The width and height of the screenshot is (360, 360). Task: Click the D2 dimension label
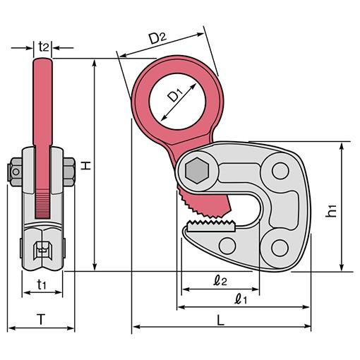[158, 37]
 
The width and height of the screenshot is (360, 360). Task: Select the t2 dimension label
[44, 47]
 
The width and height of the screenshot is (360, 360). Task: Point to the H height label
[86, 165]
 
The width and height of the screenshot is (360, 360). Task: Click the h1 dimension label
[331, 210]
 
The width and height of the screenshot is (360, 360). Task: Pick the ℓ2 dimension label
[220, 280]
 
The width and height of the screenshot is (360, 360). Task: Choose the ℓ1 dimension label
[241, 299]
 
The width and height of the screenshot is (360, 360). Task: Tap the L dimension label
[220, 320]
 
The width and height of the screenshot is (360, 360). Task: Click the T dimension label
[41, 319]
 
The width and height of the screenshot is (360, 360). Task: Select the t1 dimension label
[42, 284]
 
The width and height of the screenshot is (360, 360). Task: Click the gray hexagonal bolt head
[197, 171]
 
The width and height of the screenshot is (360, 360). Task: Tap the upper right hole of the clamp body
[280, 171]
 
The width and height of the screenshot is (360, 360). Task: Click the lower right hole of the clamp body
[280, 248]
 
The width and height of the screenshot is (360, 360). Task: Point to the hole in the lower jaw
[227, 246]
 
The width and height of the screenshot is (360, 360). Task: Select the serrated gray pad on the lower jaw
[211, 227]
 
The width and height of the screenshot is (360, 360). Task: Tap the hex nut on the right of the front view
[69, 172]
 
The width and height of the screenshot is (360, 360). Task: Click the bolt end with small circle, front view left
[15, 172]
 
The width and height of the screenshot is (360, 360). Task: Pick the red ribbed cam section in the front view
[42, 204]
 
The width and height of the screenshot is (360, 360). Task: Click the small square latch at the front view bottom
[42, 251]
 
